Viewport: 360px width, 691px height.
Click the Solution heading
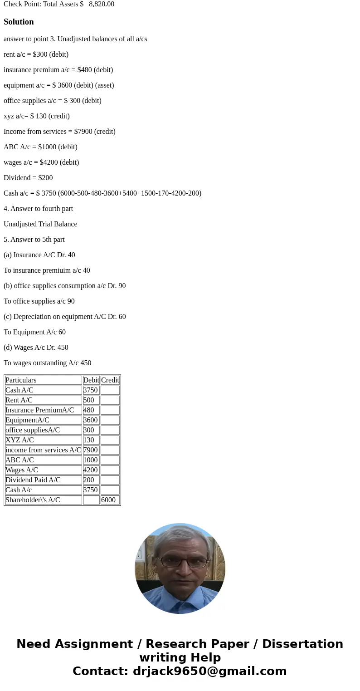click(x=19, y=22)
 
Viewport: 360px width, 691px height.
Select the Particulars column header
click(x=21, y=380)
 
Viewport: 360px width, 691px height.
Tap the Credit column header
click(x=110, y=380)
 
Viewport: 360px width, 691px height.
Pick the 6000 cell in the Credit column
click(x=108, y=500)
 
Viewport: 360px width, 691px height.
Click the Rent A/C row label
click(x=19, y=400)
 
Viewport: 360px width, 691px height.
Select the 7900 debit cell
click(x=91, y=450)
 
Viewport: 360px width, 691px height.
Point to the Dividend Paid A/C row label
click(x=33, y=480)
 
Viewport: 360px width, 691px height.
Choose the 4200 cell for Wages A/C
click(x=91, y=470)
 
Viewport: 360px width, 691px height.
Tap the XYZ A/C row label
click(x=19, y=440)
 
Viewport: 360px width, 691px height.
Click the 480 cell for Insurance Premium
click(x=89, y=410)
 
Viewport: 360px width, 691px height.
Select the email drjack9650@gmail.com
click(x=209, y=671)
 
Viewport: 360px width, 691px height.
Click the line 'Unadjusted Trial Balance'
click(x=40, y=224)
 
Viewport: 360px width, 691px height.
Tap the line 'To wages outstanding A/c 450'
click(x=48, y=363)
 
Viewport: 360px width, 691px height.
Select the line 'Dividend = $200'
click(x=28, y=178)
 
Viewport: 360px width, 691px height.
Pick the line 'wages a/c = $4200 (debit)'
click(x=41, y=162)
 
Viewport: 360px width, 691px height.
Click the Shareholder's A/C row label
click(x=33, y=500)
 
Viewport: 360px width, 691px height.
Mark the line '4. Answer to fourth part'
click(x=38, y=209)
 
